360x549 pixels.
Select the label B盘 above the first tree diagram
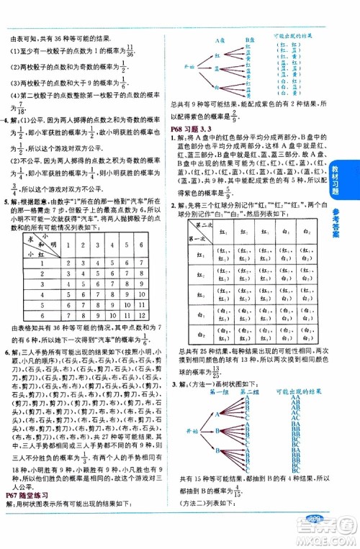[x=251, y=40]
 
